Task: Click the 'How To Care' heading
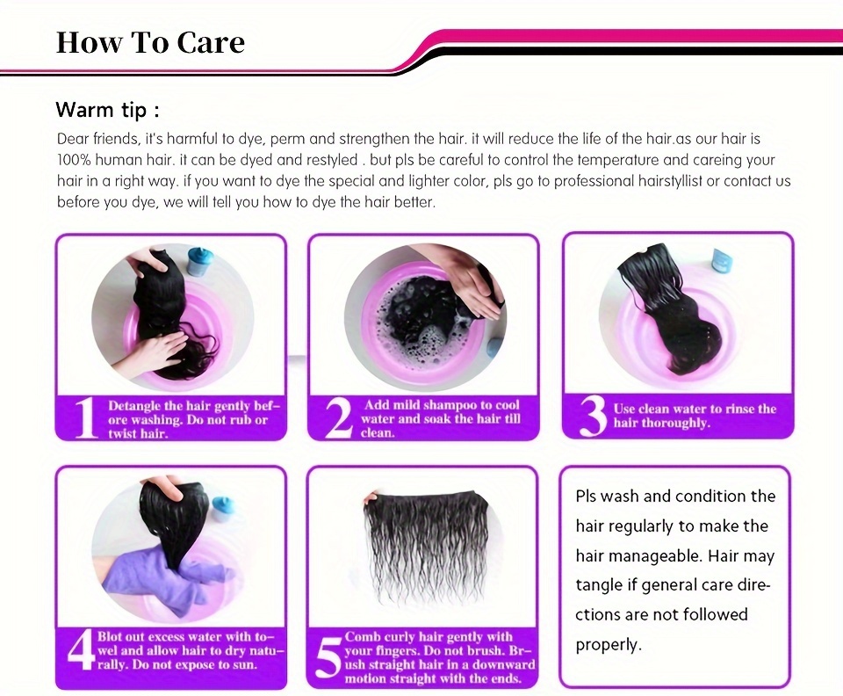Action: (150, 42)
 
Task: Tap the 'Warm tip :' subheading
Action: (107, 110)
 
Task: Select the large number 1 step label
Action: (85, 418)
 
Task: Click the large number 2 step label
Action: (339, 418)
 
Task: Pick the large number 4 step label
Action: (82, 651)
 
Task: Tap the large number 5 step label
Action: (328, 658)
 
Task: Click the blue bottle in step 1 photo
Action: (199, 262)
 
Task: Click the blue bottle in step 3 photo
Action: (720, 260)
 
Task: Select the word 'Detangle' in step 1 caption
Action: (133, 406)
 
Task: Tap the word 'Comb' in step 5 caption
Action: (360, 637)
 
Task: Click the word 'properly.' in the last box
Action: (609, 644)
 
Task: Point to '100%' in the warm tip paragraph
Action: (75, 160)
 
